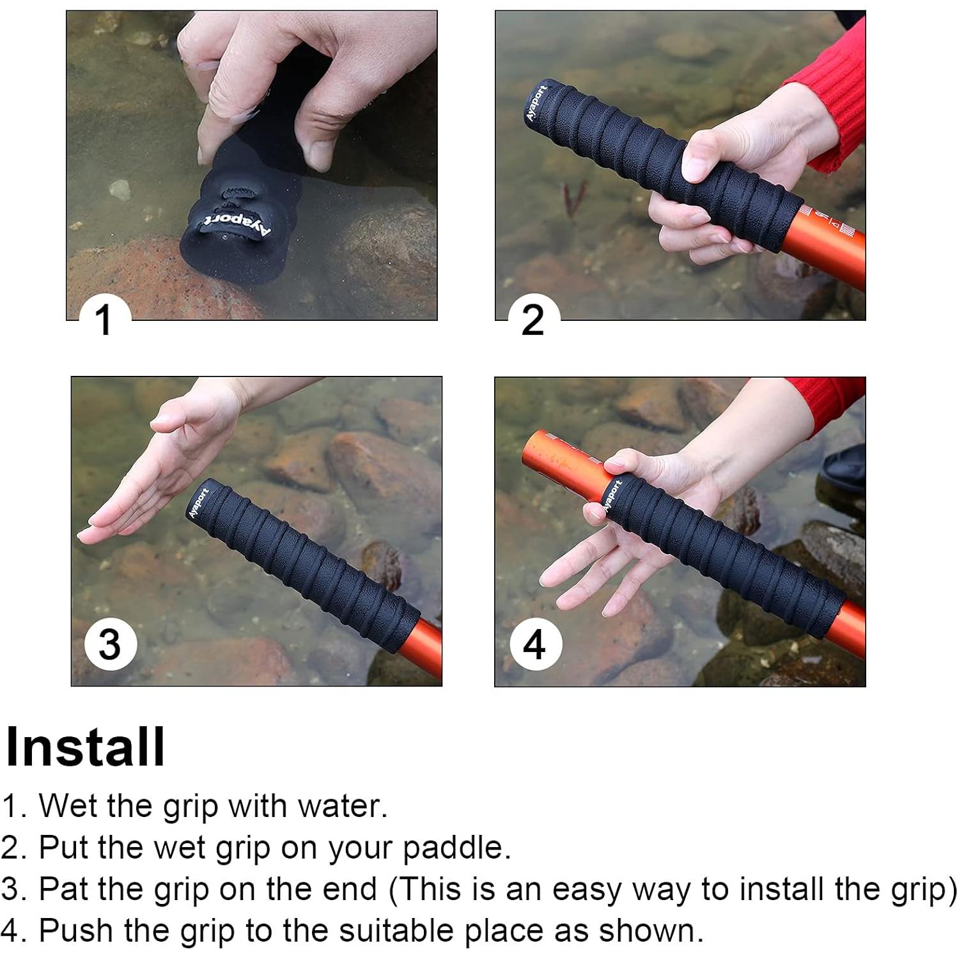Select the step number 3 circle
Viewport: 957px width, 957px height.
111,644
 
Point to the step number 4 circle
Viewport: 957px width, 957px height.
536,644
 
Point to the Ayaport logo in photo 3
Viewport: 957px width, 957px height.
199,502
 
